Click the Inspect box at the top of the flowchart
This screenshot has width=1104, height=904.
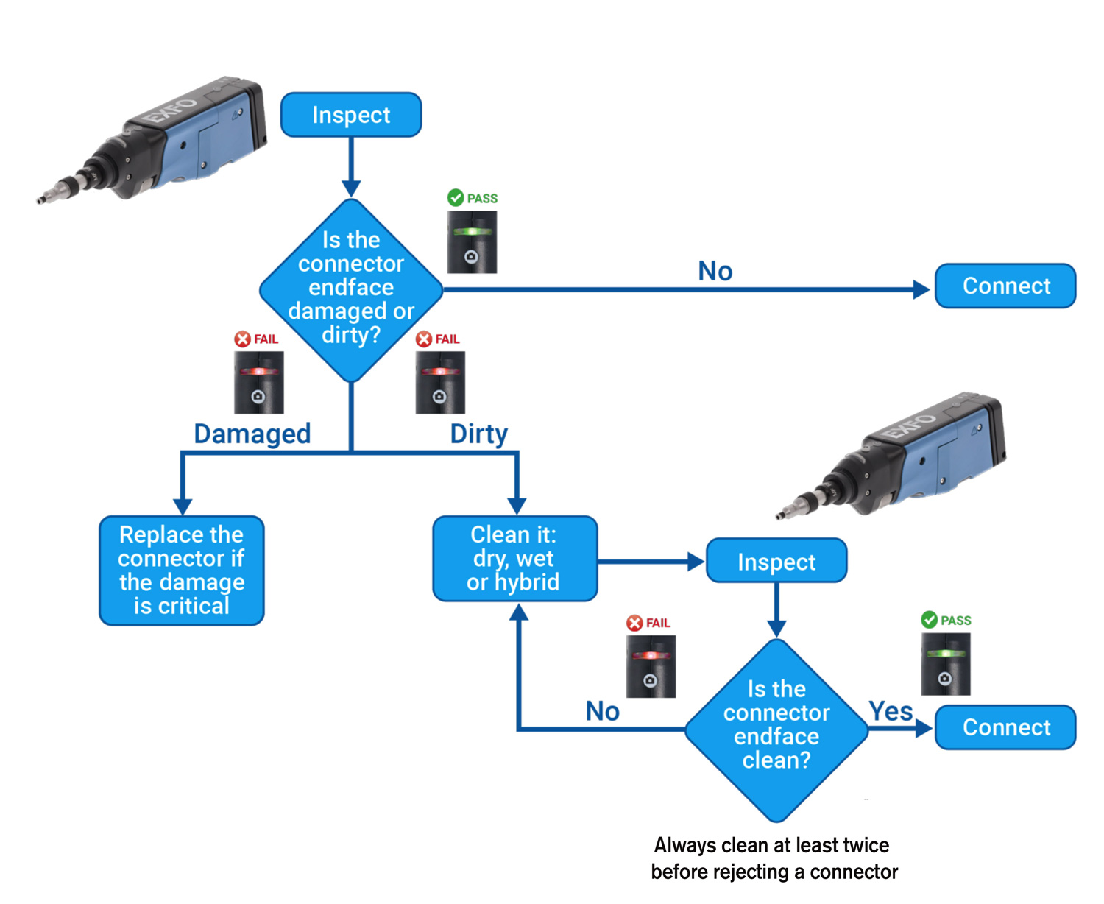[x=351, y=115]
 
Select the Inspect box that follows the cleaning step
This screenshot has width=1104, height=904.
[x=776, y=562]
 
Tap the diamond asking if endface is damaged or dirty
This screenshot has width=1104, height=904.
[x=351, y=289]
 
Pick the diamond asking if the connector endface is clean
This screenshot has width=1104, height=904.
[x=776, y=729]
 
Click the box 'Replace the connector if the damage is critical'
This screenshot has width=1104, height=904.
[x=182, y=571]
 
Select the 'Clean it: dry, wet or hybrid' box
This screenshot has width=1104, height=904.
[x=514, y=559]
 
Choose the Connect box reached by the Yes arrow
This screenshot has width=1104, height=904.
[x=1005, y=727]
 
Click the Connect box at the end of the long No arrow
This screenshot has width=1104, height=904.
[x=1005, y=286]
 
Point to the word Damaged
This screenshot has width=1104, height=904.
[x=252, y=434]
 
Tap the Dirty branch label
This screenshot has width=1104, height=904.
[x=478, y=434]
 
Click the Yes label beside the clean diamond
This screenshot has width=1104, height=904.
[x=891, y=711]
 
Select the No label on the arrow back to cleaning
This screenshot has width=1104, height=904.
[x=602, y=711]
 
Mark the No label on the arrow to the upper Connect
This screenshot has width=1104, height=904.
[x=715, y=271]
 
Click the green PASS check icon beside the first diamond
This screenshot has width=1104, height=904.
[x=456, y=198]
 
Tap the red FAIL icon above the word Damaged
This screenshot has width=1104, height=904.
[x=242, y=339]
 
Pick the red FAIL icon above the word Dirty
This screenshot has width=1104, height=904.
[x=424, y=339]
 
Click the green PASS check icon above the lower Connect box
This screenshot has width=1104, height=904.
[x=930, y=620]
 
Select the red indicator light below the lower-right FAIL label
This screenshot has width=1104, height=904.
[x=650, y=654]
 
